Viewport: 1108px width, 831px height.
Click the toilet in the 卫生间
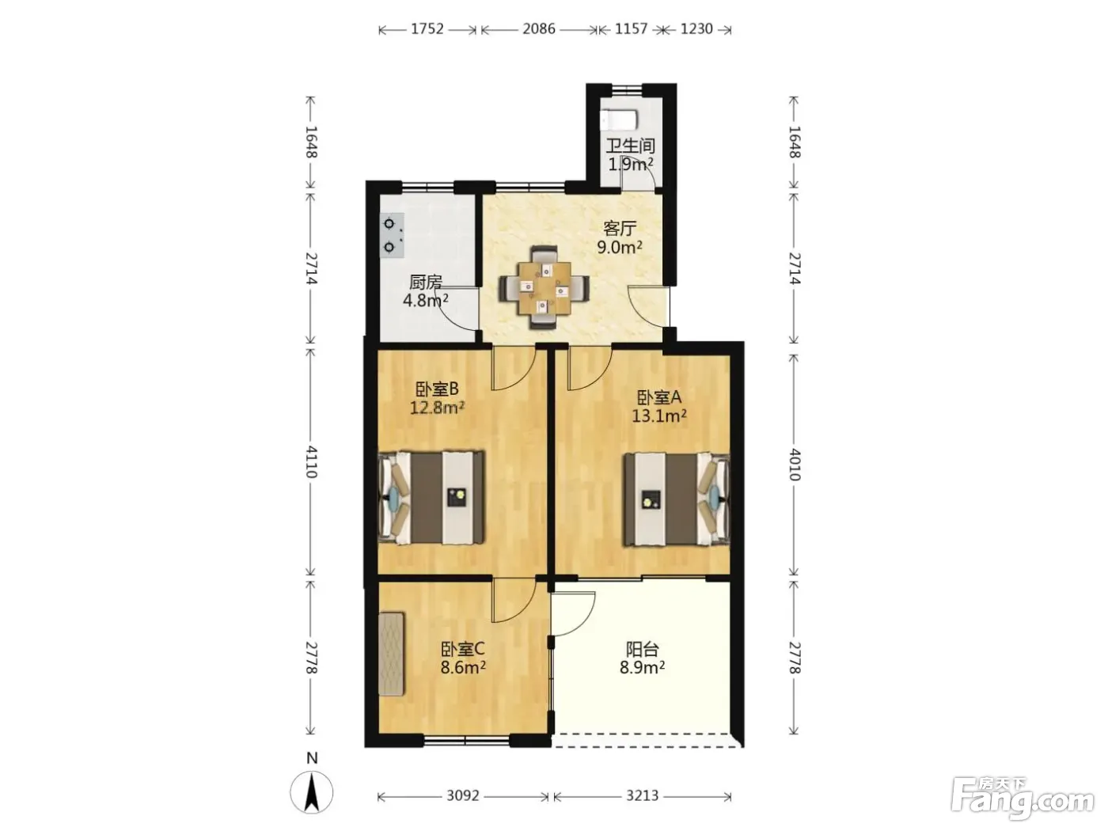[619, 120]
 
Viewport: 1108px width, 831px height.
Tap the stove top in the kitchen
[393, 236]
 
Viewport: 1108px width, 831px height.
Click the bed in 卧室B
[431, 498]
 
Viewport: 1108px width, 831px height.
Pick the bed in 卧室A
[677, 499]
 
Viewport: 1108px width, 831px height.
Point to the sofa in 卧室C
[392, 655]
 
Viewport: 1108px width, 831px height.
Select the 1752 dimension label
[427, 29]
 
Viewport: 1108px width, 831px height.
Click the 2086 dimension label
[539, 29]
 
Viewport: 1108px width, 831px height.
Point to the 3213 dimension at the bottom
[642, 795]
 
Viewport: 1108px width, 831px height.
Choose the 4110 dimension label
[311, 461]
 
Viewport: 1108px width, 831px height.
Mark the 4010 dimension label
[795, 465]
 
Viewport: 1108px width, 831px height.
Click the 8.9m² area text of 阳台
[642, 667]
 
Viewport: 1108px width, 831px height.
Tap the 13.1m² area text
[659, 415]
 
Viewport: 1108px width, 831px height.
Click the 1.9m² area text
[631, 164]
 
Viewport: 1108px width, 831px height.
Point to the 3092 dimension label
[463, 795]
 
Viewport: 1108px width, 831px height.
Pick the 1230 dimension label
[696, 29]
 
